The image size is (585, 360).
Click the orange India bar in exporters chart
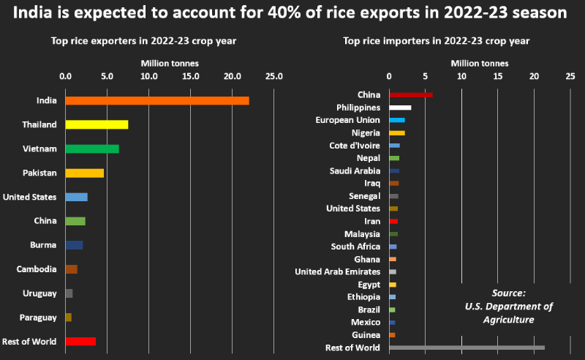tap(156, 100)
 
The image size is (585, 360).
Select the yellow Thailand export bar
tap(97, 124)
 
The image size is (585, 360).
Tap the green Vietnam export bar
tap(91, 149)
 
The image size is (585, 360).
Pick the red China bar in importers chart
tap(410, 94)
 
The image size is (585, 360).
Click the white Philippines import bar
tap(400, 108)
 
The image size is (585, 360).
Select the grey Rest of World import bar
tap(467, 348)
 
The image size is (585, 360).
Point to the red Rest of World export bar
tap(80, 341)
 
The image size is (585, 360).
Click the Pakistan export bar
tap(84, 173)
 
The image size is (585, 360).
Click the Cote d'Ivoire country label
tap(355, 146)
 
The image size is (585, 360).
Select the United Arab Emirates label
tap(337, 271)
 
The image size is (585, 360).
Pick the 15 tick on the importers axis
tap(498, 75)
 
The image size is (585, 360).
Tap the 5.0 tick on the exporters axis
tap(107, 75)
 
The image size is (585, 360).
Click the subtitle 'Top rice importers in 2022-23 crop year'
tap(437, 41)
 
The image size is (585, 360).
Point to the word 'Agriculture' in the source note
tap(508, 320)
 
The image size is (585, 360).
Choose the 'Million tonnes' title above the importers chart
tap(480, 63)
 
